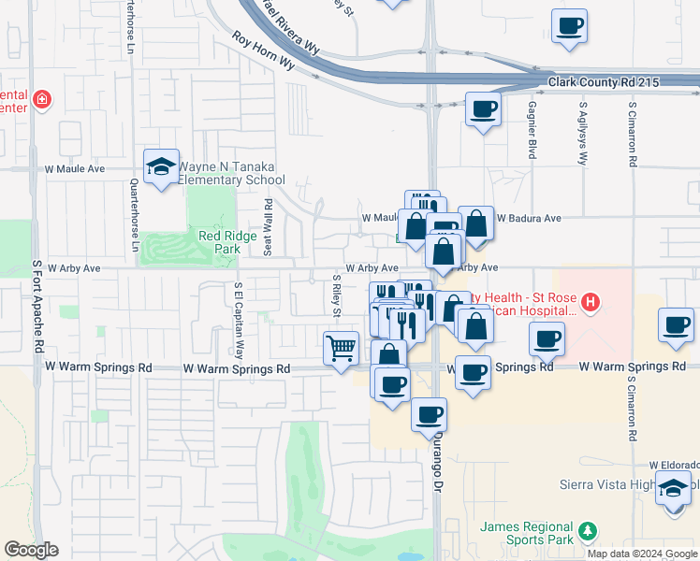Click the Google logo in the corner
[31, 550]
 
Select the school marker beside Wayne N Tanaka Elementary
[162, 166]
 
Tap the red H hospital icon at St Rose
[590, 301]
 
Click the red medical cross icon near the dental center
[41, 99]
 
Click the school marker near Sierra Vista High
[673, 488]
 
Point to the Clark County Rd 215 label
[604, 82]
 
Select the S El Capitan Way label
[239, 322]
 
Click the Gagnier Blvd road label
[532, 129]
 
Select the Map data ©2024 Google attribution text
[640, 553]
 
